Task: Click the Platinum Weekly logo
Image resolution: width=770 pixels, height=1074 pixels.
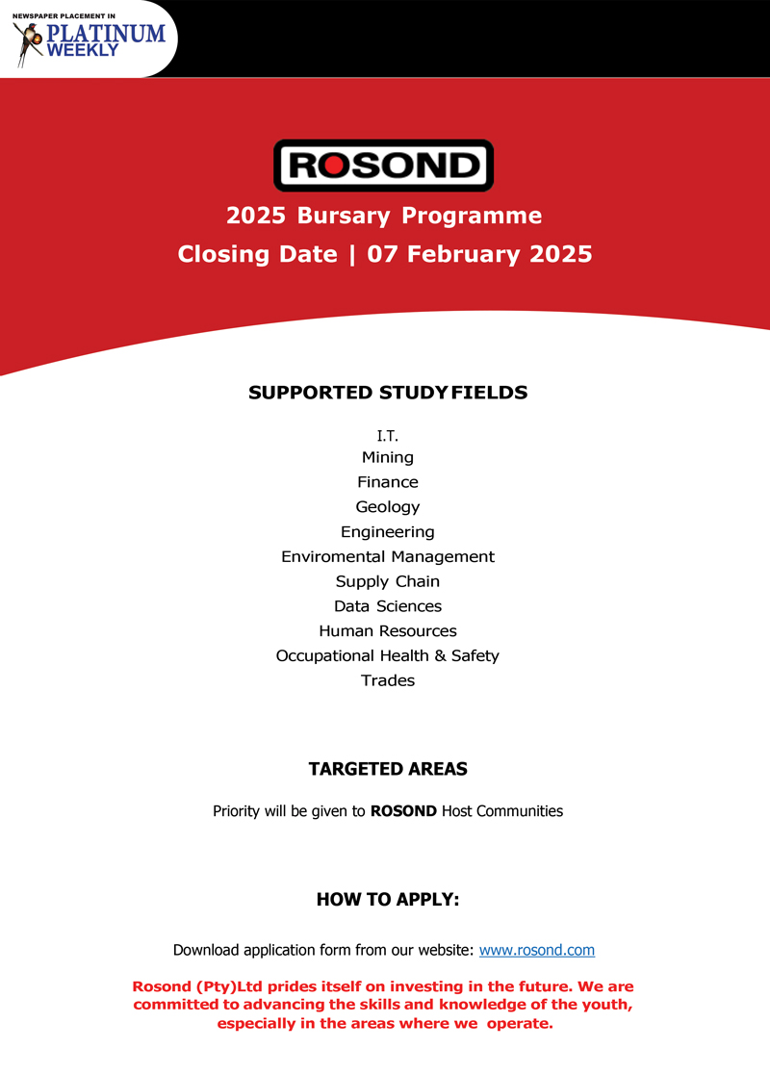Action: (90, 38)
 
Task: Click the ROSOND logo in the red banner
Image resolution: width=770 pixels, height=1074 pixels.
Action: (383, 166)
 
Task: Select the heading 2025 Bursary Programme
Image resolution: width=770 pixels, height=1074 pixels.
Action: (384, 216)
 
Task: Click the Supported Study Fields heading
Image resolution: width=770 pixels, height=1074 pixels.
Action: (388, 393)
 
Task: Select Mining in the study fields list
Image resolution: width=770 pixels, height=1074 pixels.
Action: (388, 457)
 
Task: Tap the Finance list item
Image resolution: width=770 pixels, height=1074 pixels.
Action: (388, 482)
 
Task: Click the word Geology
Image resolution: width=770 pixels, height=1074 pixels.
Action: (388, 507)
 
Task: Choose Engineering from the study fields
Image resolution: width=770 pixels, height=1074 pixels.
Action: (388, 532)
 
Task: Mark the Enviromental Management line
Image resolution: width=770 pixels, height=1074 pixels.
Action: (388, 556)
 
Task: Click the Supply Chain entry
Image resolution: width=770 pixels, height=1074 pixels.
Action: (388, 581)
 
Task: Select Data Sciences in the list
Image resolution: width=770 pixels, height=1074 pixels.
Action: (388, 606)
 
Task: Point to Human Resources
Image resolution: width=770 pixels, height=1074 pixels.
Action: (388, 631)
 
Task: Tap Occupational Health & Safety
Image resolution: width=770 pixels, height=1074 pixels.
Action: (388, 655)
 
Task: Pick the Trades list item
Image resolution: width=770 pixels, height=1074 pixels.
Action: (388, 680)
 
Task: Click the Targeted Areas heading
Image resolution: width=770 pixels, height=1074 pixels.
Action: (388, 769)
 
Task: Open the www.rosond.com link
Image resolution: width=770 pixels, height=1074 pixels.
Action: (537, 950)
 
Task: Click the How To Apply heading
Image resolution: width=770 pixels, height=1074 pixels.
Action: (388, 900)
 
